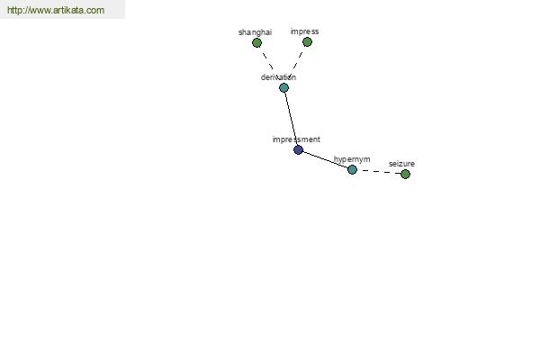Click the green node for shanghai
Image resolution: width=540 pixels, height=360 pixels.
click(256, 42)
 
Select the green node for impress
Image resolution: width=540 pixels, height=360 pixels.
click(307, 42)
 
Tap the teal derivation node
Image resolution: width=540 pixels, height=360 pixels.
click(283, 88)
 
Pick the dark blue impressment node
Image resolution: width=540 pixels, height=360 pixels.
click(298, 150)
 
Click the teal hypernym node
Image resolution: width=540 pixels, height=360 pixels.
click(352, 169)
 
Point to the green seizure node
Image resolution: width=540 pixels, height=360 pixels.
click(405, 174)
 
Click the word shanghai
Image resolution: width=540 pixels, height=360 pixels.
click(256, 32)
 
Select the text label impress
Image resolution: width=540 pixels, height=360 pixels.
click(305, 31)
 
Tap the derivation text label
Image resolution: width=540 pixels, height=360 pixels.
click(278, 77)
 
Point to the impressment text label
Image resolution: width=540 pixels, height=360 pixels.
click(296, 139)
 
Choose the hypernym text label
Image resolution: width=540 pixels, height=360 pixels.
click(352, 159)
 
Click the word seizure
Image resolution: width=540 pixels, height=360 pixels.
click(401, 164)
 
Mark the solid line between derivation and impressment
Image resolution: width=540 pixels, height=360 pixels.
click(291, 119)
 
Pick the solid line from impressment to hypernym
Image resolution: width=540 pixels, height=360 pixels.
click(325, 159)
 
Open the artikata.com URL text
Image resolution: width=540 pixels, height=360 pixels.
click(56, 10)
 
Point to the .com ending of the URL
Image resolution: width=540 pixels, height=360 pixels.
click(95, 10)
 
